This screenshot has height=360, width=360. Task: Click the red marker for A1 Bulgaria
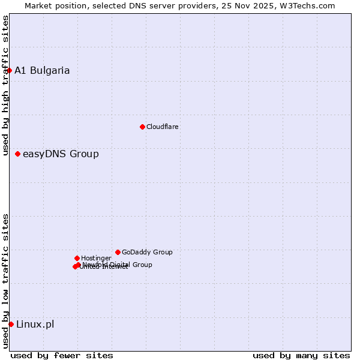pyautogui.click(x=9, y=70)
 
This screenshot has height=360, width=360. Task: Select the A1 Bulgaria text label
pyautogui.click(x=42, y=70)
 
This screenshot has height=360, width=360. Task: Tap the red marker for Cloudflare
pyautogui.click(x=142, y=127)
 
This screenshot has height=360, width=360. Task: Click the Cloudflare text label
pyautogui.click(x=163, y=127)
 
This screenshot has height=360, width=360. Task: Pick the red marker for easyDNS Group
pyautogui.click(x=17, y=154)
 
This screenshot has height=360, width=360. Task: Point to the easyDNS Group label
pyautogui.click(x=61, y=154)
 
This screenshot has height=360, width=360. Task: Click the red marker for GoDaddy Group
pyautogui.click(x=118, y=252)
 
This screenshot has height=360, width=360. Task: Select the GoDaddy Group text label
pyautogui.click(x=147, y=252)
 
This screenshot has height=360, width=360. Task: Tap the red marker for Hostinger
pyautogui.click(x=77, y=258)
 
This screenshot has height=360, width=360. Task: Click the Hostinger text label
pyautogui.click(x=96, y=258)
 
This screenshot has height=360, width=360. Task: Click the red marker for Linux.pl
pyautogui.click(x=11, y=325)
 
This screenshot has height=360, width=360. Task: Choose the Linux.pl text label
pyautogui.click(x=35, y=325)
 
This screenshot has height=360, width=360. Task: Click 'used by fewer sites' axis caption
pyautogui.click(x=62, y=355)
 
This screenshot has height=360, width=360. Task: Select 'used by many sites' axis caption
pyautogui.click(x=301, y=355)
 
